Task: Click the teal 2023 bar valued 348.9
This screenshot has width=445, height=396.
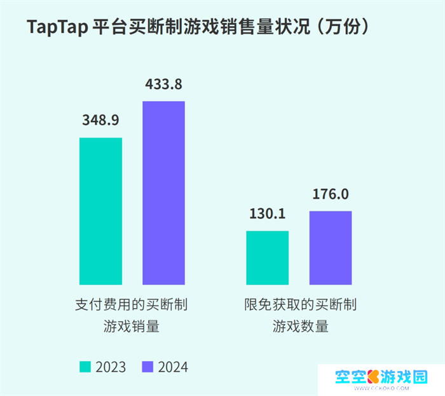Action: click(100, 211)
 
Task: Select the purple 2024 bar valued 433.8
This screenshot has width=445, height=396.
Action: click(163, 192)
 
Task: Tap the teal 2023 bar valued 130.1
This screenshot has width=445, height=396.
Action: click(267, 257)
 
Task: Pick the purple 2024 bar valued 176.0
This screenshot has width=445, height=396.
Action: click(331, 248)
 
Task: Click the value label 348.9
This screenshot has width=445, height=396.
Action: click(100, 120)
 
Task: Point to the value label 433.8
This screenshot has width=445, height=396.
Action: click(163, 83)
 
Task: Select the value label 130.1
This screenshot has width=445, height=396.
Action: click(267, 214)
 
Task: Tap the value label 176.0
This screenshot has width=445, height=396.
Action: click(331, 194)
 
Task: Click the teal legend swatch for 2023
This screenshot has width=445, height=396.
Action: click(85, 367)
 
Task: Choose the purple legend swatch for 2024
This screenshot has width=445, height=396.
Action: click(147, 367)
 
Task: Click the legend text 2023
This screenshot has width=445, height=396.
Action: click(111, 367)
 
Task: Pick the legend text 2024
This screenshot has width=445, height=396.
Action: click(173, 367)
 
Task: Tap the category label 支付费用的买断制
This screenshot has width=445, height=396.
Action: click(132, 304)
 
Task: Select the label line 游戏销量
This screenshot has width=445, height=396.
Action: click(132, 327)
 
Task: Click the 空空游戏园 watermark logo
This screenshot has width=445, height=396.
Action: click(381, 377)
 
